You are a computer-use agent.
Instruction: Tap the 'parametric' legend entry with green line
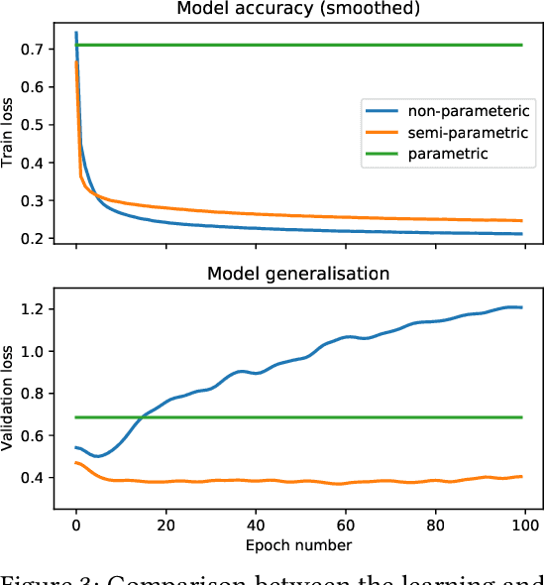[445, 154]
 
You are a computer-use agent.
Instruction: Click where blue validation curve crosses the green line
[143, 417]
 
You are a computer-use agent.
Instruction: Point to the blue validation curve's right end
[521, 307]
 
